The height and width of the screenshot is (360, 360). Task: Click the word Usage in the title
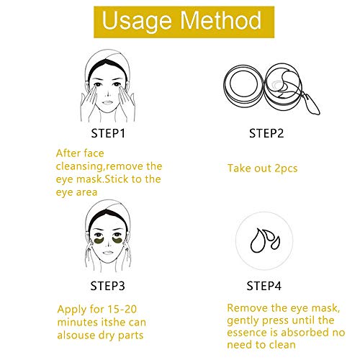(x=137, y=22)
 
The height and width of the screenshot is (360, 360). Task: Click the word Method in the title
(x=220, y=20)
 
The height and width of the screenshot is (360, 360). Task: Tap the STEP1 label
(x=108, y=133)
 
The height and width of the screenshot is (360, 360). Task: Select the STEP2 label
(x=266, y=133)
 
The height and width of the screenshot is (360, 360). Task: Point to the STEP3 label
(x=107, y=286)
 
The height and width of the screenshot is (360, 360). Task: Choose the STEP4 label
(x=264, y=286)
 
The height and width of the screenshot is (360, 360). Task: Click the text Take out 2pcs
(x=263, y=168)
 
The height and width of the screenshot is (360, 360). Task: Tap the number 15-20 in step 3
(x=122, y=309)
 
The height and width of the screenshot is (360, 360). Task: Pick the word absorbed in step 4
(x=305, y=332)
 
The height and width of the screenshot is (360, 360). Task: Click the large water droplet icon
(x=258, y=240)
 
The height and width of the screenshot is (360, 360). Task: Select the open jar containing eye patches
(x=283, y=84)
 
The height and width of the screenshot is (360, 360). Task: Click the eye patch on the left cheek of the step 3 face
(x=99, y=241)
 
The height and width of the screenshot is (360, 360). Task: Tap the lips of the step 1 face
(x=107, y=102)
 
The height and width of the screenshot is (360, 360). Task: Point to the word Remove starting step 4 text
(x=247, y=308)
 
